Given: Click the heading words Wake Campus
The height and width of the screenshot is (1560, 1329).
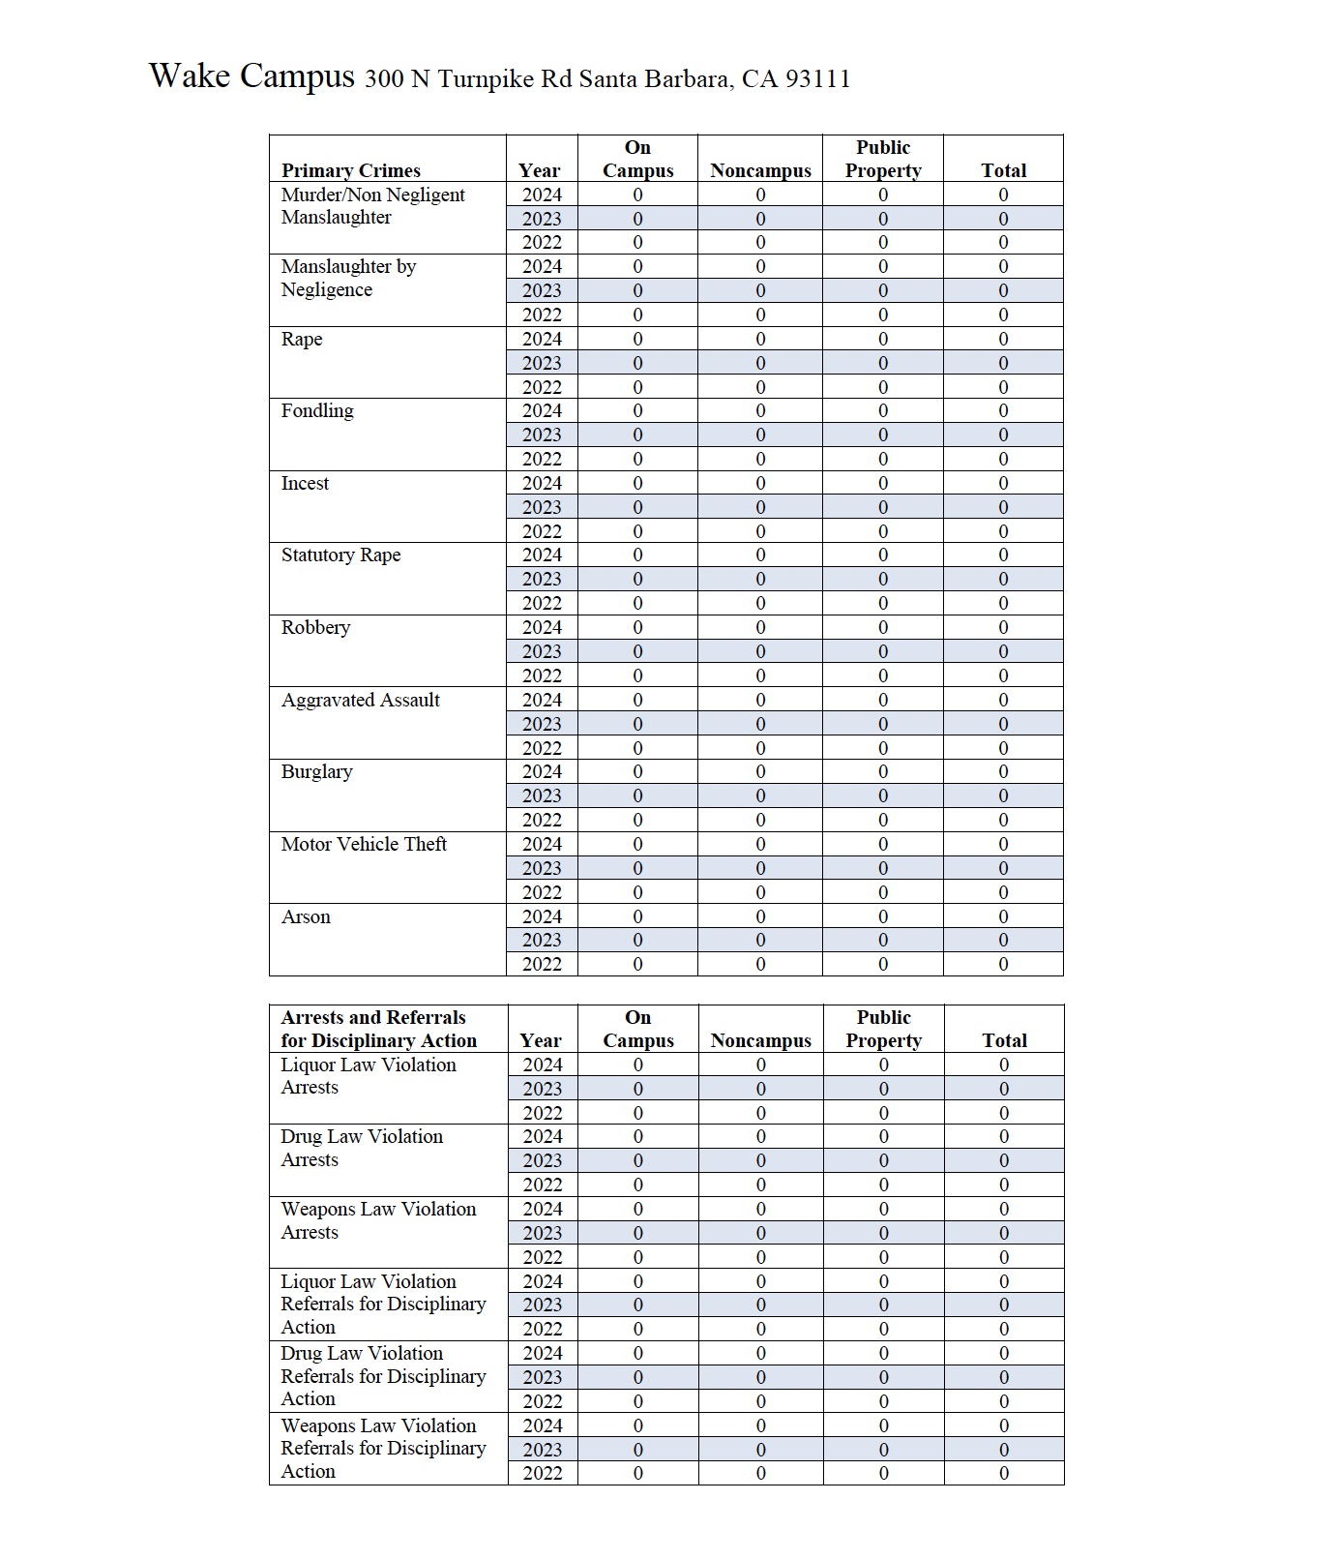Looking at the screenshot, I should tap(251, 75).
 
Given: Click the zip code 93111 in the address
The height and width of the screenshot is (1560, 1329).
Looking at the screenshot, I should tap(817, 79).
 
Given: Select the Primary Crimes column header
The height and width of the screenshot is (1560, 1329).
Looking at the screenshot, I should tap(350, 171).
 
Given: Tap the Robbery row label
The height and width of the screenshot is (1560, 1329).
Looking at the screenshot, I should tap(315, 628).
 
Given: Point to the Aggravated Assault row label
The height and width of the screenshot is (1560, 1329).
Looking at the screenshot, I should tap(360, 701).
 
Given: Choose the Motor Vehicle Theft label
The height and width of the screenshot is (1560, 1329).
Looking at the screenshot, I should tap(364, 845).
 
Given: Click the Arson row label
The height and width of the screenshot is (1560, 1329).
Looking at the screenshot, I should tap(306, 917).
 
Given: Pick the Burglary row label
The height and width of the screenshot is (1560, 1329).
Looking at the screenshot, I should tap(316, 772).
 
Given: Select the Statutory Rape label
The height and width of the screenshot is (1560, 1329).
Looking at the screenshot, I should tap(340, 555).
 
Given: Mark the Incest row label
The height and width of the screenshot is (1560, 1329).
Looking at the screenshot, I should tap(305, 484).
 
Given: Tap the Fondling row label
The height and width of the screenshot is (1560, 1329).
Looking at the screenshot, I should tap(317, 411).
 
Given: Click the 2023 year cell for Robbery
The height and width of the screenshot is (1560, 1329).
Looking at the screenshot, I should tap(542, 652).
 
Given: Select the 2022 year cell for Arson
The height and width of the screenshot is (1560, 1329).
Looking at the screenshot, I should tap(542, 965).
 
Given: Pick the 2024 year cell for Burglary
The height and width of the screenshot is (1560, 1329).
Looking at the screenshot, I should tap(542, 772).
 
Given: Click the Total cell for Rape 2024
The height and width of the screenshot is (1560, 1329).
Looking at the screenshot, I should tap(1003, 340).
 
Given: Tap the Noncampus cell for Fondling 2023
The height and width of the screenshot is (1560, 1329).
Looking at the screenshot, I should tap(760, 435).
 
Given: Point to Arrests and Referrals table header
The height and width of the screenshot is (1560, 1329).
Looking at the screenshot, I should tap(378, 1030).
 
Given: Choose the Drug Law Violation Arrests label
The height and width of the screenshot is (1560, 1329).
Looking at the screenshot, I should tap(362, 1149).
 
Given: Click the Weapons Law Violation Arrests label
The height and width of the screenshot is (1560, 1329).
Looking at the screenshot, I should tap(378, 1221).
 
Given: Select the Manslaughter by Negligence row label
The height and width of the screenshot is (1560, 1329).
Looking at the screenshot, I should tap(348, 279).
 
